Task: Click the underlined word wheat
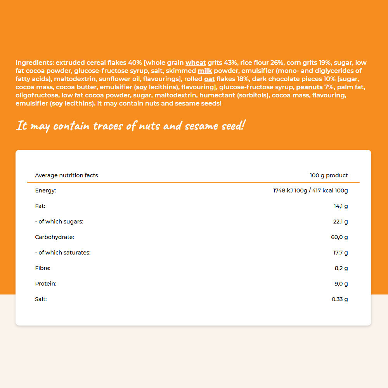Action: pyautogui.click(x=196, y=63)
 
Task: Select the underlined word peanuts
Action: pyautogui.click(x=309, y=87)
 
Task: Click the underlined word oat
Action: pyautogui.click(x=209, y=79)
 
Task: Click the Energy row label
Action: pyautogui.click(x=46, y=191)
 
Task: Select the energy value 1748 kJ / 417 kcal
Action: pyautogui.click(x=310, y=191)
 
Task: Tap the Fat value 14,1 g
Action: pyautogui.click(x=341, y=206)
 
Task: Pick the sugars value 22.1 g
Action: pyautogui.click(x=341, y=222)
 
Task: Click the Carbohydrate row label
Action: pyautogui.click(x=54, y=237)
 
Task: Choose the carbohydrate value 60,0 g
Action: pyautogui.click(x=339, y=237)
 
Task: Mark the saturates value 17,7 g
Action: pyautogui.click(x=340, y=253)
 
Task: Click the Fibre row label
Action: pyautogui.click(x=43, y=268)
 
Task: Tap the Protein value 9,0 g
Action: pyautogui.click(x=341, y=284)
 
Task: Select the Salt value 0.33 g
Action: pyautogui.click(x=340, y=299)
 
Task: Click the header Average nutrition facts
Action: pyautogui.click(x=66, y=175)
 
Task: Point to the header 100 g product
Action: pyautogui.click(x=329, y=175)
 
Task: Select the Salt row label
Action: pyautogui.click(x=41, y=299)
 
